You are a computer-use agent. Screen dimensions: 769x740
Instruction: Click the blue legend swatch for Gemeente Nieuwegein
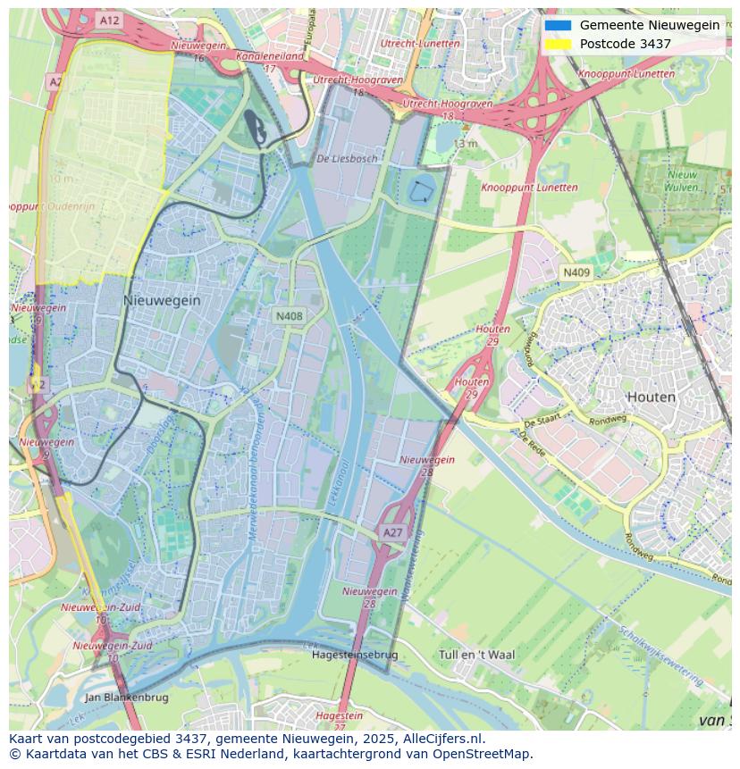click(558, 25)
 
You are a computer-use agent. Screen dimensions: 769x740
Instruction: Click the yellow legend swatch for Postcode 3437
click(558, 44)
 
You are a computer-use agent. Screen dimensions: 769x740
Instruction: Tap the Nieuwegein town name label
click(162, 301)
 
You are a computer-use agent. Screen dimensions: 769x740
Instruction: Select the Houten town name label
click(651, 397)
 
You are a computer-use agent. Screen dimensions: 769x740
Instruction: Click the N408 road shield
click(289, 316)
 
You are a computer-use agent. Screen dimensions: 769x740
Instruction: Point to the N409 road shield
click(576, 272)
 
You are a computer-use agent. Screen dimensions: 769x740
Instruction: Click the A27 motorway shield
click(392, 532)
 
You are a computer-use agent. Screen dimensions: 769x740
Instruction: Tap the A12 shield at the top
click(109, 20)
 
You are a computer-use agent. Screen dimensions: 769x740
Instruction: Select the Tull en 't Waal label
click(477, 655)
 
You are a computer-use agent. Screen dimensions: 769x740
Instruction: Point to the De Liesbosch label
click(347, 158)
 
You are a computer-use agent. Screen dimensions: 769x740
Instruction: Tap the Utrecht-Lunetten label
click(420, 43)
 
